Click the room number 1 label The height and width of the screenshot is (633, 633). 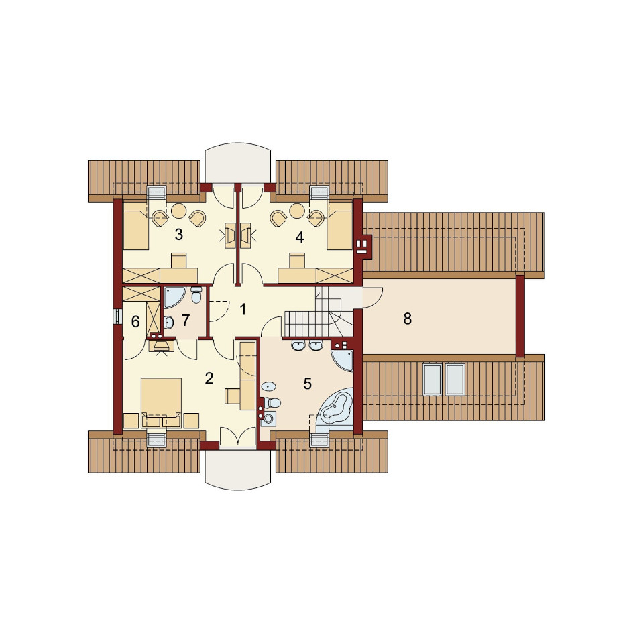pos(243,309)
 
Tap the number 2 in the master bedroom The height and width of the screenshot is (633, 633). pos(209,378)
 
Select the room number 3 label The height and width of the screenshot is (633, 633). pos(178,234)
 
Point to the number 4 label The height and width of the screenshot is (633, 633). pos(299,237)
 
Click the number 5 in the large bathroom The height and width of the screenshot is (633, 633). pos(307,384)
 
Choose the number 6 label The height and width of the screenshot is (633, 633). pos(135,322)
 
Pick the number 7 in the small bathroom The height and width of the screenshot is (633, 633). pos(185,320)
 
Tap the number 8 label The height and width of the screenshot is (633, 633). pos(407,319)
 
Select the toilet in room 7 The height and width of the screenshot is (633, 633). pos(196,294)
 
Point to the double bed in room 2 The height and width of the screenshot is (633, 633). pos(161,398)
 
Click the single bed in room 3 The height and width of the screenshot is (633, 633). pos(136,225)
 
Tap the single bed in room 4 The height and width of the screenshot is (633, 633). pos(340,225)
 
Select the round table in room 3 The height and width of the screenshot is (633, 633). pos(178,211)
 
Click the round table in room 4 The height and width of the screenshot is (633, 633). pos(297,211)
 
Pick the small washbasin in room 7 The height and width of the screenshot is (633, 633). pos(169,322)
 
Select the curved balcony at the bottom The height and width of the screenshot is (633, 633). pos(237,469)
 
